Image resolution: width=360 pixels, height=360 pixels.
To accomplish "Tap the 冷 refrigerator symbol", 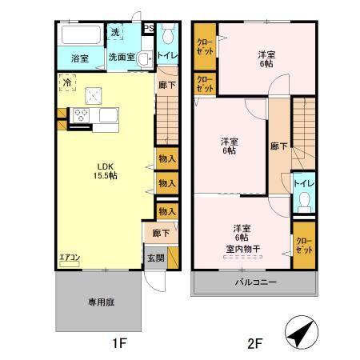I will coord(67,82).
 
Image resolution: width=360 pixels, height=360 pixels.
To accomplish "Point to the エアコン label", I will coord(70,258).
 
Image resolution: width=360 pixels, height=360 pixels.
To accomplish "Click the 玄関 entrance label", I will coord(155,258).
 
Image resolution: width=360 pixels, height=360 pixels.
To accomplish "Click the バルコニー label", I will coord(254,282).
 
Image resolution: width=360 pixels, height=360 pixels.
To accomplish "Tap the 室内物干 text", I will coord(241,248).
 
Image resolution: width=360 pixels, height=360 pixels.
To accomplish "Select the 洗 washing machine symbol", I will coord(115,33).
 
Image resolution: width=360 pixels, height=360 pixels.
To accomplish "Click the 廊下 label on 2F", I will coord(278,146).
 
